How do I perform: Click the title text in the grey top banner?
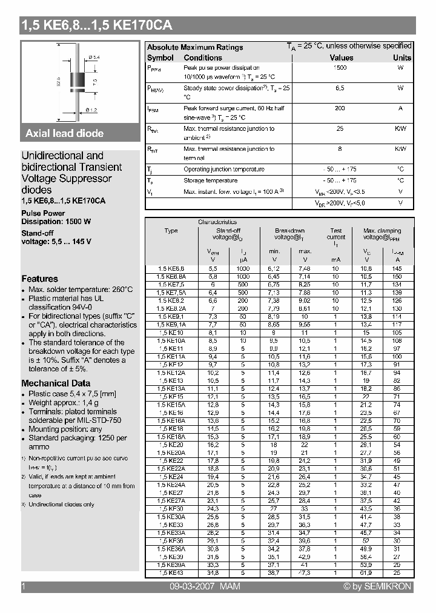96,25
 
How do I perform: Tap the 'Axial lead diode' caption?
64,133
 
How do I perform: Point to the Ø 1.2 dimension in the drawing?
91,110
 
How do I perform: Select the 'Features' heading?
39,279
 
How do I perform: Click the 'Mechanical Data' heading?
56,383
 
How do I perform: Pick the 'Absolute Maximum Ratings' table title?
195,47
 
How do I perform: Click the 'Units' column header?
401,58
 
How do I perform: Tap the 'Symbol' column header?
160,58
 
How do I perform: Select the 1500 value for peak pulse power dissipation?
340,68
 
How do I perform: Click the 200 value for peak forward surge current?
340,108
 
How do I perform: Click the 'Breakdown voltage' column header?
289,234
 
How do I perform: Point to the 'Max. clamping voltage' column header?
382,234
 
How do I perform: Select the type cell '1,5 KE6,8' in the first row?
171,268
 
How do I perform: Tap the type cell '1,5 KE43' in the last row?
171,572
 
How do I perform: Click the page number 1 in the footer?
23,586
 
